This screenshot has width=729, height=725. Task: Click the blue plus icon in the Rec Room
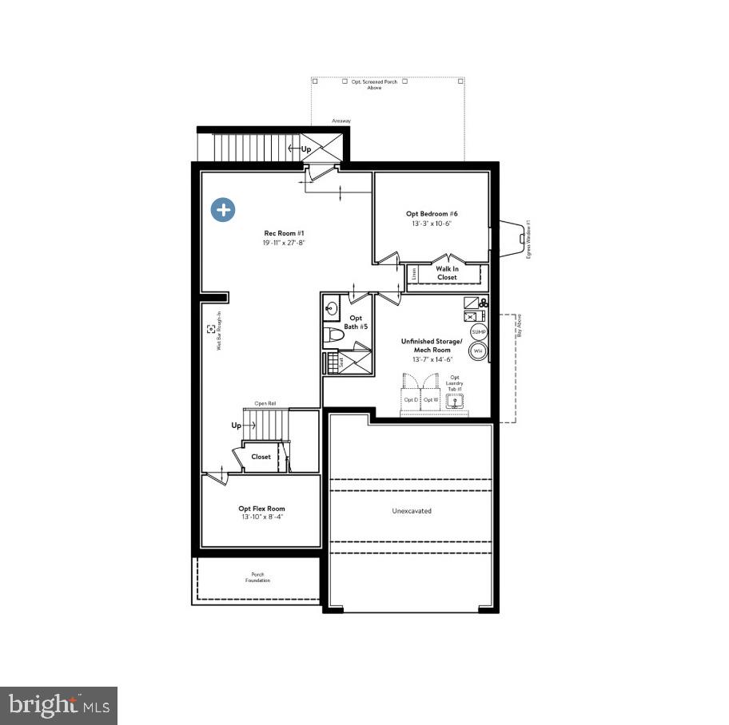coord(223,210)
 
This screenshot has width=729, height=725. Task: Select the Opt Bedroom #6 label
coord(432,218)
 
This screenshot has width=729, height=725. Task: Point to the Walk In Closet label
coord(447,272)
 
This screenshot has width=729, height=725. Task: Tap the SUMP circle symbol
coord(478,332)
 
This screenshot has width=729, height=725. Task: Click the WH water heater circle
coord(478,351)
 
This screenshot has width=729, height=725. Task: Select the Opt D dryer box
coord(411,399)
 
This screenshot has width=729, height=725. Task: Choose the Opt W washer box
coord(431,399)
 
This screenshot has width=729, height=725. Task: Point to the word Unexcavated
coord(412,511)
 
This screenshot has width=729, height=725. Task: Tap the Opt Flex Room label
coord(261,513)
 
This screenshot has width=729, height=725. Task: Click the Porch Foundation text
coord(257,577)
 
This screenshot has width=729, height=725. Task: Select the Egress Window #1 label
coord(528,239)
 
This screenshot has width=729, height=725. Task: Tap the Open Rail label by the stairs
coord(265,404)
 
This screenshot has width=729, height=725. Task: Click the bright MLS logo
coord(58,705)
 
